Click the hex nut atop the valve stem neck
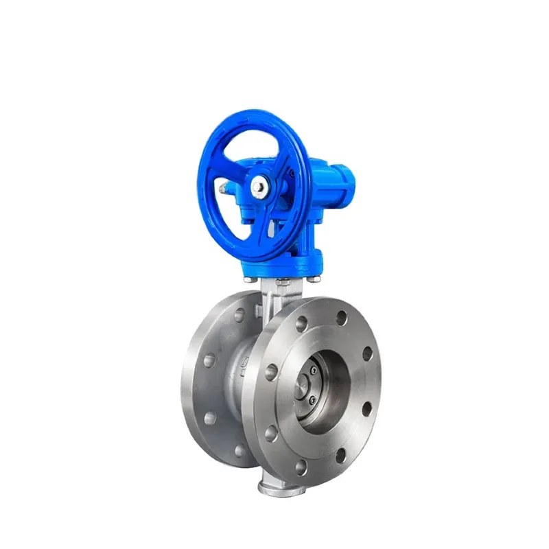[282, 283]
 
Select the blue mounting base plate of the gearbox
[281, 271]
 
